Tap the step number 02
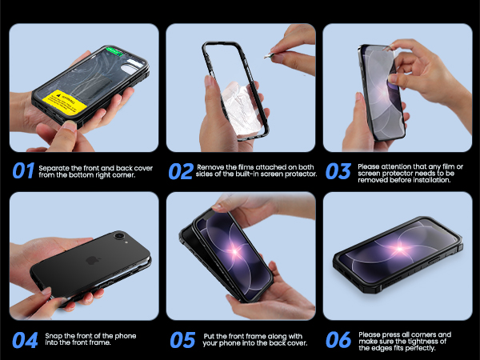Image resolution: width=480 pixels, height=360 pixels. (x=179, y=170)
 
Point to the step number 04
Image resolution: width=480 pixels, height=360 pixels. (x=22, y=339)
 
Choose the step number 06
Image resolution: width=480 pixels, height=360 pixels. (x=338, y=339)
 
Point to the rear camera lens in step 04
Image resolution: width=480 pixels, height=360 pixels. (x=120, y=238)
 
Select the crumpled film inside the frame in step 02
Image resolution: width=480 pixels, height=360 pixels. (x=234, y=104)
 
